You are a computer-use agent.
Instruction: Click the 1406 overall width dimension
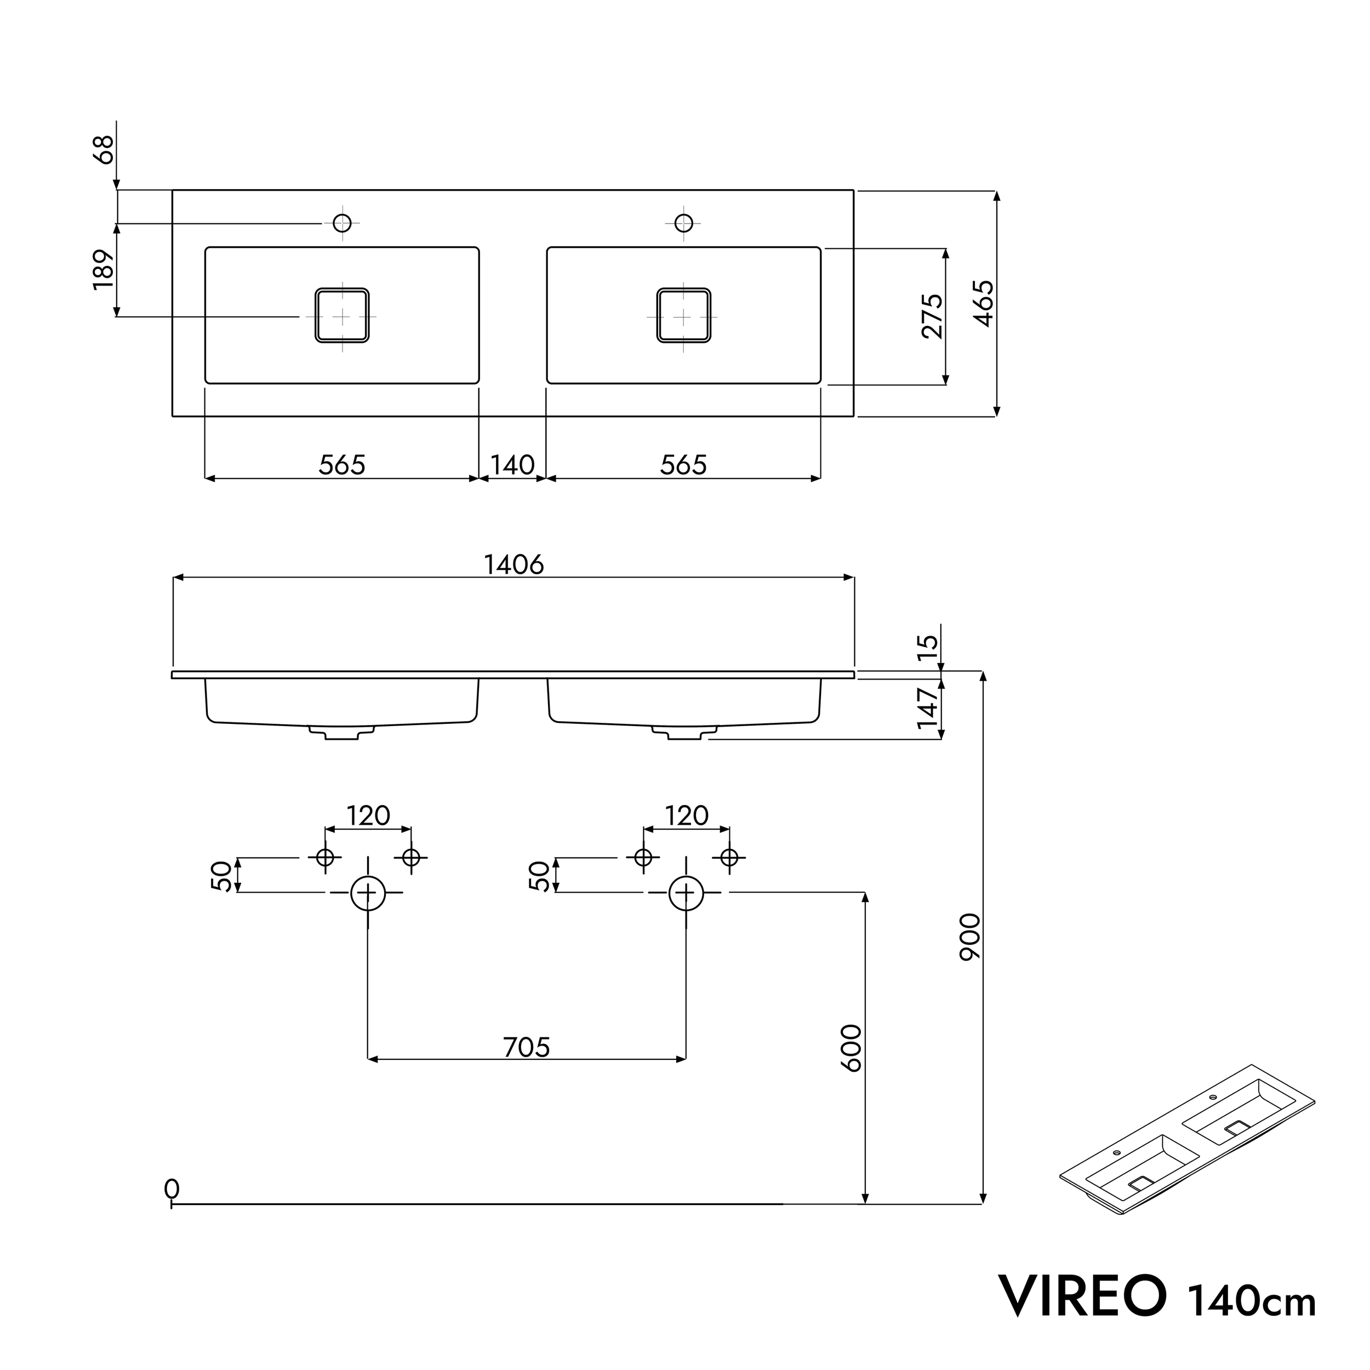click(513, 564)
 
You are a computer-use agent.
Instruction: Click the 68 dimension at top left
click(104, 150)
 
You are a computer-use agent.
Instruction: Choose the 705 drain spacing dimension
click(526, 1047)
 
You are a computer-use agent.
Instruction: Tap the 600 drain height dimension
click(851, 1048)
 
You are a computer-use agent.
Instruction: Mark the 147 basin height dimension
click(928, 707)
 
